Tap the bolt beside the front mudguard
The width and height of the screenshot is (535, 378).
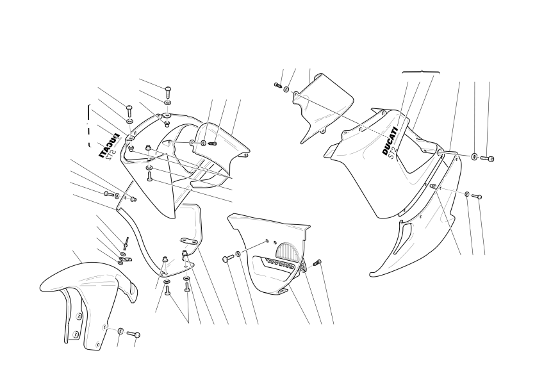[133, 334]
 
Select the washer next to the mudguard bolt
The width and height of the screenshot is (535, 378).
[120, 331]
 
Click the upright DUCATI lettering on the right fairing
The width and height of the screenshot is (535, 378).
[390, 141]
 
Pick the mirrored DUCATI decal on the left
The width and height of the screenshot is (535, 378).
[110, 145]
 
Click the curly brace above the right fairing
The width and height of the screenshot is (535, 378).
[421, 72]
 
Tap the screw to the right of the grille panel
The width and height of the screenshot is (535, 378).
[317, 262]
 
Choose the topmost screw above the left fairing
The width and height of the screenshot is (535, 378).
[168, 91]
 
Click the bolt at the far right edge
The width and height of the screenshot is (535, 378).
[487, 158]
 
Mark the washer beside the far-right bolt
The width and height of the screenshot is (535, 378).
[474, 156]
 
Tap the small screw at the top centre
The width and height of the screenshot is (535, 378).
[277, 85]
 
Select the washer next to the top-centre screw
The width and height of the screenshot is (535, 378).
[286, 90]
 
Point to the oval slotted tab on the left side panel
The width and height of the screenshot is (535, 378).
[190, 241]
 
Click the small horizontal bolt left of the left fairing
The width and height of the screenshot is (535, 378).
[108, 194]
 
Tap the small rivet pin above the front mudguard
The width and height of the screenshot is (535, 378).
[127, 243]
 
